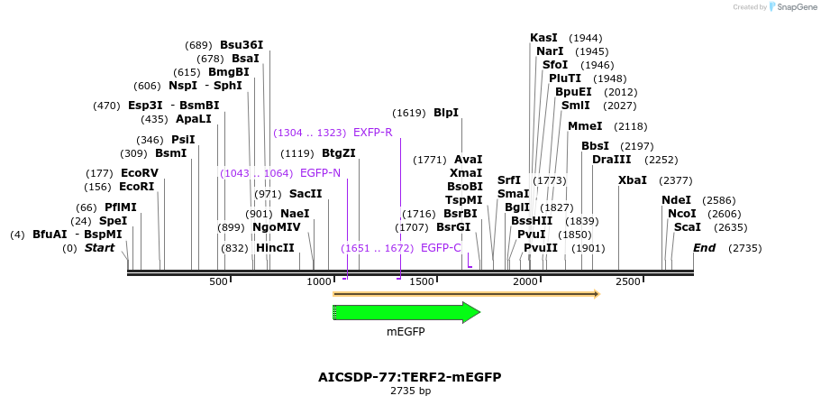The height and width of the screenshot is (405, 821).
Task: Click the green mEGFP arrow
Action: [x=406, y=312]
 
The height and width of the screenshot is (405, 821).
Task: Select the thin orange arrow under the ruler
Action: [x=465, y=294]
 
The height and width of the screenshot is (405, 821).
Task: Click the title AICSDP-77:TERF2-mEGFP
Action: [x=409, y=377]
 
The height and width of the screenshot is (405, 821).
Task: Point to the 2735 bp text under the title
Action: [x=410, y=391]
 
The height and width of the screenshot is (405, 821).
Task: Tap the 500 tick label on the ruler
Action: [x=219, y=282]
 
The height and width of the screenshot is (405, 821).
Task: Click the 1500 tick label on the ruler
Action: [x=424, y=282]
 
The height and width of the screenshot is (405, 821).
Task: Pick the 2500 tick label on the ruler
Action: [x=628, y=282]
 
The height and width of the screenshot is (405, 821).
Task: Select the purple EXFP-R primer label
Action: [x=372, y=133]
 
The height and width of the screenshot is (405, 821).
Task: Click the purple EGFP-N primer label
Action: [x=320, y=173]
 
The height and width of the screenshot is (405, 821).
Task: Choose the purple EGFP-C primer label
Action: [x=441, y=248]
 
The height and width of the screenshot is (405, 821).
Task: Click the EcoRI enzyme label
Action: [x=137, y=187]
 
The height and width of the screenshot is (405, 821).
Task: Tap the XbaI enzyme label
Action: [x=633, y=180]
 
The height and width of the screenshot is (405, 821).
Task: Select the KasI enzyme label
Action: [x=543, y=38]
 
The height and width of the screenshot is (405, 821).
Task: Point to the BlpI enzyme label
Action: [x=446, y=113]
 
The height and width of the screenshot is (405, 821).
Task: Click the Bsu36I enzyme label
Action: [x=242, y=45]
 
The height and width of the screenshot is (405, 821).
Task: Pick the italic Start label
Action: [x=99, y=248]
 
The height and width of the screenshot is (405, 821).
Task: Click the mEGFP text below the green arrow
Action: [x=406, y=332]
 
